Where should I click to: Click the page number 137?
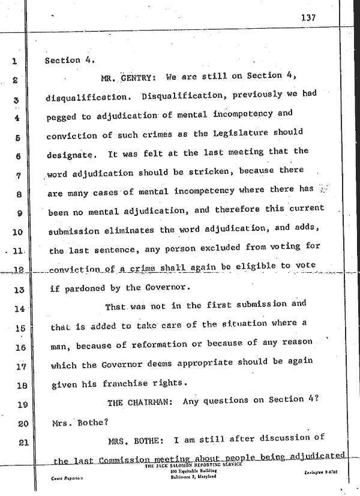[309, 17]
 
